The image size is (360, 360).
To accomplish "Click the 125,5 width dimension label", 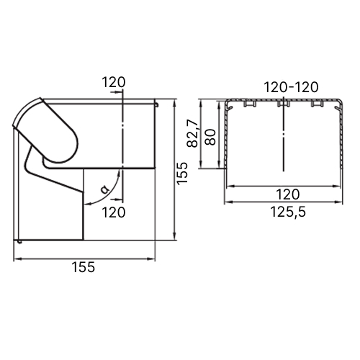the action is tap(288, 212).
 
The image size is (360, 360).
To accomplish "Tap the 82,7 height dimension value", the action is tap(193, 134).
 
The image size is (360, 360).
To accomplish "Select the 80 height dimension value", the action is tap(210, 137).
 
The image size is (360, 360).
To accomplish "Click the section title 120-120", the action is tap(291, 87).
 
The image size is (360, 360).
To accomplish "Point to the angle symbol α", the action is tap(104, 189).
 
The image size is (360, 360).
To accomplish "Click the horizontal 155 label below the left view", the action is tap(84, 267).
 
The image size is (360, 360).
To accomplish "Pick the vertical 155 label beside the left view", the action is tap(182, 174).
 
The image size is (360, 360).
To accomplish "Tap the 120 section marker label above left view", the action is tap(114, 82).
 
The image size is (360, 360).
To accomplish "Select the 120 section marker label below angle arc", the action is tap(114, 212).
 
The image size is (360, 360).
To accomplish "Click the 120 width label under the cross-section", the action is tap(288, 194).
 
